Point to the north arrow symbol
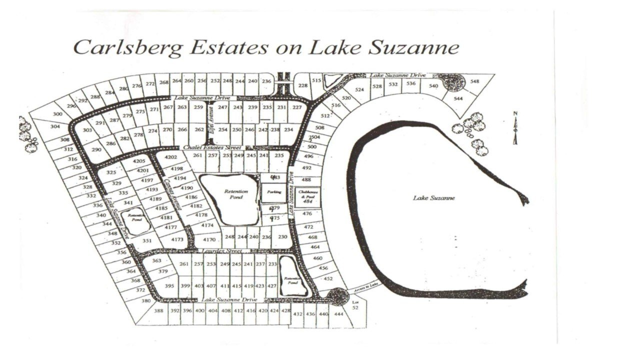coord(515,127)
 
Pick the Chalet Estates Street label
coord(212,148)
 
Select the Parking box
coord(274,191)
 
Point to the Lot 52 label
coord(356,305)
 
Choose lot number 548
coord(474,81)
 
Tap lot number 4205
coord(138,161)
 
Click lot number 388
coord(158,310)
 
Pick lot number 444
coord(338,314)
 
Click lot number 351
coord(146,240)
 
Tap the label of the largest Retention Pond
coord(233,194)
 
